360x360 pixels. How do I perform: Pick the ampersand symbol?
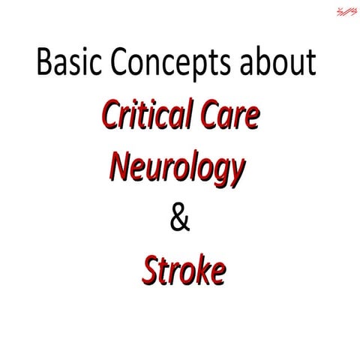181,219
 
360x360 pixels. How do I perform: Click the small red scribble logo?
346,10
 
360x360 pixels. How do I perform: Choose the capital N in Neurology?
120,165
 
